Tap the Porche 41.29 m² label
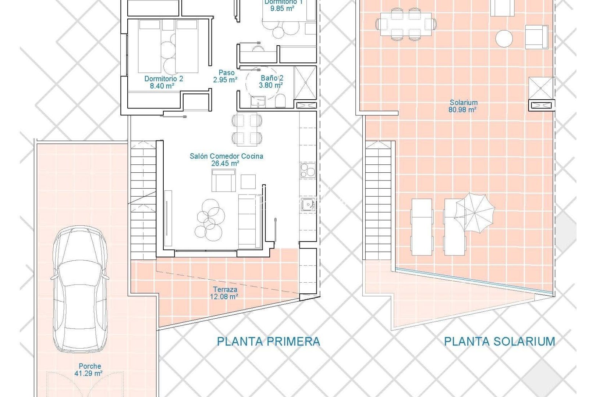[90, 369]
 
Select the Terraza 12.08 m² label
[224, 293]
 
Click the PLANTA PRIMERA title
[268, 341]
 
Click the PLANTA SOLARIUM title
[499, 341]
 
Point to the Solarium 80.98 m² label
[463, 106]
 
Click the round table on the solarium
[504, 38]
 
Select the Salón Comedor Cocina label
[226, 160]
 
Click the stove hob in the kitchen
[308, 171]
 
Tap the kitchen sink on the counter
[308, 204]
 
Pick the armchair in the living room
[223, 181]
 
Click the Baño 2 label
[272, 82]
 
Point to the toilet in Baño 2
[280, 101]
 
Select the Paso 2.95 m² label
[226, 76]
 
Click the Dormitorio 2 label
[163, 82]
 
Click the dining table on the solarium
[406, 24]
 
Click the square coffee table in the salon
[248, 182]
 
